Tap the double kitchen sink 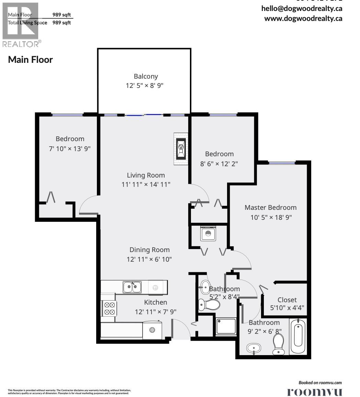click(x=132, y=287)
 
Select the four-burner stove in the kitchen click(x=109, y=308)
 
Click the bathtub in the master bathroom click(x=298, y=337)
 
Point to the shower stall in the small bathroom click(x=226, y=326)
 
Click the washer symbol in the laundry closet click(x=208, y=234)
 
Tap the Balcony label click(x=146, y=76)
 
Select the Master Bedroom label click(x=270, y=207)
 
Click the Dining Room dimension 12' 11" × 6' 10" click(x=149, y=259)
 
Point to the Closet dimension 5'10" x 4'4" click(x=287, y=308)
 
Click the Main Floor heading click(x=30, y=59)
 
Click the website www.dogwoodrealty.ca click(x=303, y=19)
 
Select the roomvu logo click(x=314, y=392)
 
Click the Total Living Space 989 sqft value click(x=61, y=23)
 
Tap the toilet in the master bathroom click(x=278, y=344)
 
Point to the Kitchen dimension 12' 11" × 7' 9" click(x=156, y=312)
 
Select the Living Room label click(x=146, y=175)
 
